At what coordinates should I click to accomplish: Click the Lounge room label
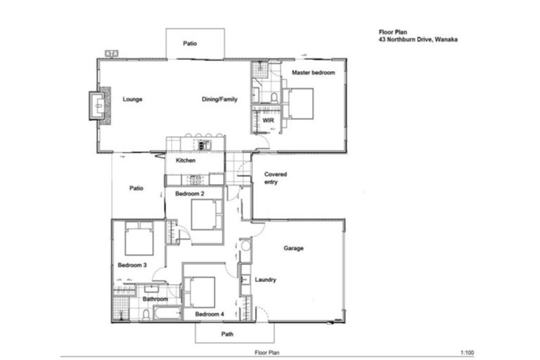pos(132,100)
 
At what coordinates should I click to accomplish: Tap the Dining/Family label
pos(220,100)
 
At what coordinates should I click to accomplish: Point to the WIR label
pos(268,121)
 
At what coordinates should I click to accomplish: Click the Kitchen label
pos(186,161)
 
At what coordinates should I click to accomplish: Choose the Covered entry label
pos(275,178)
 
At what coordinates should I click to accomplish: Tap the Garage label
pos(293,248)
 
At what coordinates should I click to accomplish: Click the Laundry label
pos(265,280)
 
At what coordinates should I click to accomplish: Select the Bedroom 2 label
pos(189,193)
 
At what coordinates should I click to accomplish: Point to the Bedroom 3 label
pos(132,265)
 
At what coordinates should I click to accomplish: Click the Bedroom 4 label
pos(209,314)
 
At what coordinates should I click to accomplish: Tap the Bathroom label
pos(155,299)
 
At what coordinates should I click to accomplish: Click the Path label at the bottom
pos(227,334)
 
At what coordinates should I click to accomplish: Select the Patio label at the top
pos(191,44)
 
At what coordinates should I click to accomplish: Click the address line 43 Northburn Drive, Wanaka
pos(417,40)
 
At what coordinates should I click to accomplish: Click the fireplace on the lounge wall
pos(98,105)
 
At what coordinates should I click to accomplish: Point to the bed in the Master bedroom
pos(300,103)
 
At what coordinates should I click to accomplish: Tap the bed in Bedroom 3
pos(139,240)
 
